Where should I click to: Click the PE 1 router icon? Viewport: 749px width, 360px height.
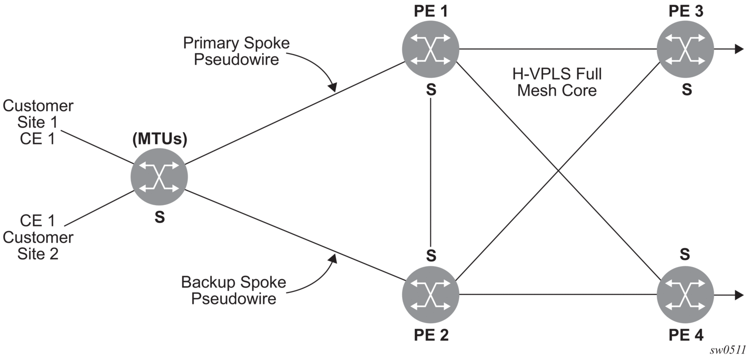tap(431, 49)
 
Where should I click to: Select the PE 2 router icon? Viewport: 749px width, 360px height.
tap(431, 295)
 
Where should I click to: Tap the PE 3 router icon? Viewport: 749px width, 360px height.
tap(685, 49)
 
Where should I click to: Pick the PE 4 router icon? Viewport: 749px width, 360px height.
tap(685, 295)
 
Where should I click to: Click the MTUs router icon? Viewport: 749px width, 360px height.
tap(159, 177)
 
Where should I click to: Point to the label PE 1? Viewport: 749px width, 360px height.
tap(431, 11)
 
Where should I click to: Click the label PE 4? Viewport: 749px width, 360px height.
tap(686, 335)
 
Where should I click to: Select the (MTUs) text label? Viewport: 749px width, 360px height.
tap(160, 139)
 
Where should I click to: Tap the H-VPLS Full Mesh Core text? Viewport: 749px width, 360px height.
tap(557, 82)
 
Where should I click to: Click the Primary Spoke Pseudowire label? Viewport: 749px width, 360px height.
tap(236, 51)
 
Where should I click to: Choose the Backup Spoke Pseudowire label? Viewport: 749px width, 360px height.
tap(234, 290)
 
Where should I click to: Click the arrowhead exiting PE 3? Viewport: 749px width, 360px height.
tap(739, 49)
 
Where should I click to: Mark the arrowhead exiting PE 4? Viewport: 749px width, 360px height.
tap(739, 295)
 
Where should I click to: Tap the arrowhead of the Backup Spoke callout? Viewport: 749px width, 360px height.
tap(333, 259)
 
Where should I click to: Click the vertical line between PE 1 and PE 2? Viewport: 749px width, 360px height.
tap(431, 172)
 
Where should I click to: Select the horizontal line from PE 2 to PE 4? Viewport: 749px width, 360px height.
tap(558, 295)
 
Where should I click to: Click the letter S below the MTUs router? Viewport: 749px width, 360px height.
tap(160, 217)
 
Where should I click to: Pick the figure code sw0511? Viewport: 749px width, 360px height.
tap(728, 350)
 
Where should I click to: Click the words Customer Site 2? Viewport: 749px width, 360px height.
tap(38, 246)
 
